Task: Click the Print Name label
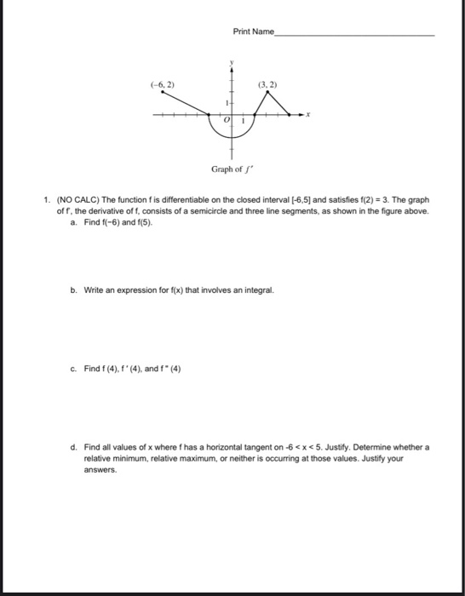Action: [253, 32]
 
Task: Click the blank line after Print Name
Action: [354, 34]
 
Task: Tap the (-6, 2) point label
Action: [162, 85]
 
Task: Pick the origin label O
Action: [225, 122]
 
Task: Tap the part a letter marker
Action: [75, 221]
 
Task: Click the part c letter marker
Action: [75, 370]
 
